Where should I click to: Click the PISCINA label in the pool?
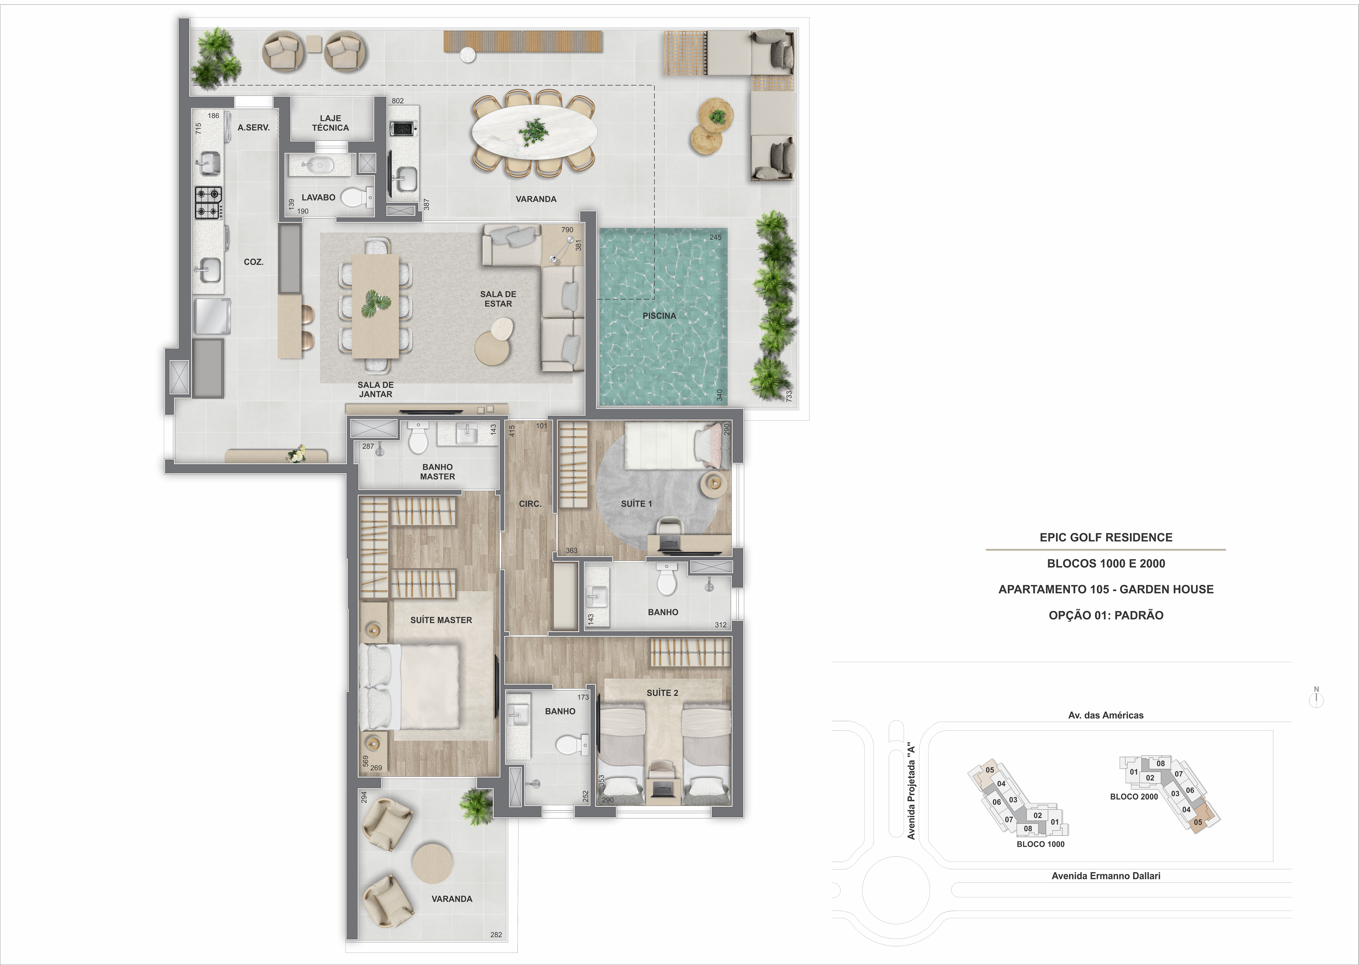pyautogui.click(x=659, y=315)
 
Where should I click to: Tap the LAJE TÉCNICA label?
pyautogui.click(x=331, y=123)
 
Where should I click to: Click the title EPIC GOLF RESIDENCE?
pyautogui.click(x=1106, y=537)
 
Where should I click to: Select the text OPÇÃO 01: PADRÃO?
pyautogui.click(x=1106, y=615)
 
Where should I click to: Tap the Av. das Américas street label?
pyautogui.click(x=1106, y=715)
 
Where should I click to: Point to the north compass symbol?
pyautogui.click(x=1316, y=699)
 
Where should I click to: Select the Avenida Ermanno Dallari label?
pyautogui.click(x=1106, y=875)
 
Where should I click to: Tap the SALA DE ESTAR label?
pyautogui.click(x=498, y=299)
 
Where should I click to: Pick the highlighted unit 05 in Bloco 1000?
pyautogui.click(x=989, y=770)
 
